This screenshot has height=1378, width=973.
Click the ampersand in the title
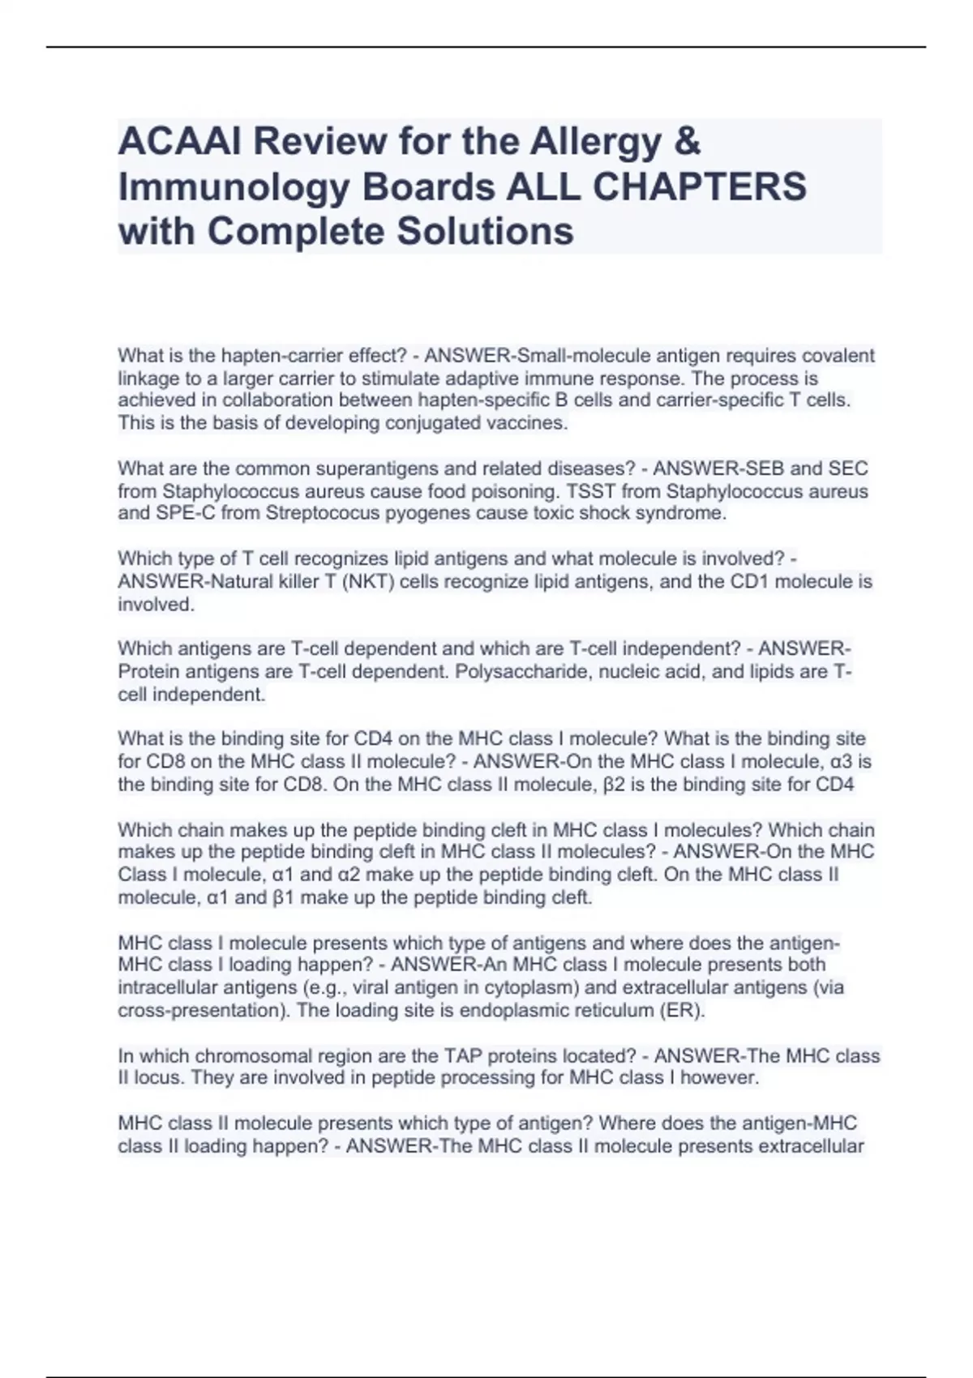tap(686, 142)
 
